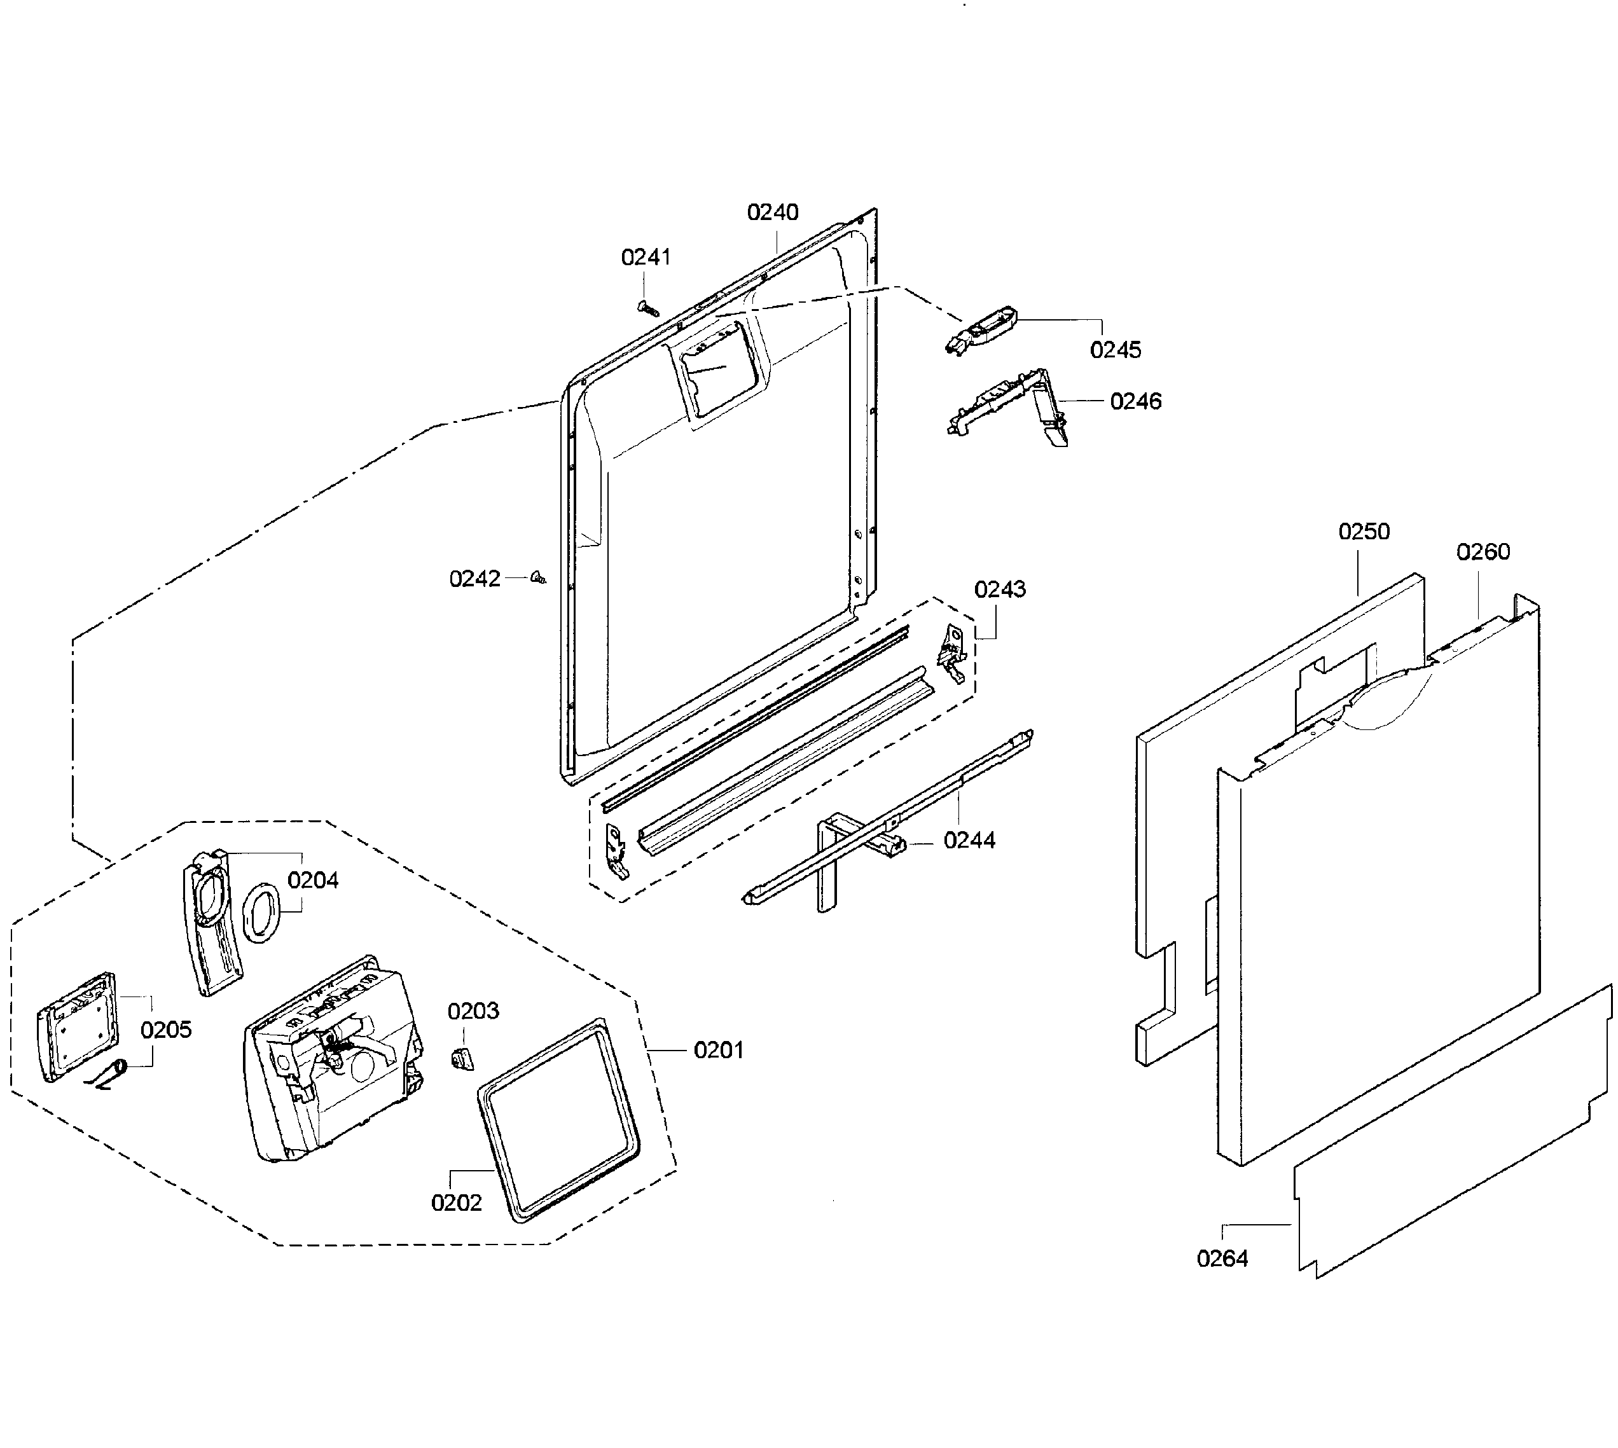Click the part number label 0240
tap(772, 212)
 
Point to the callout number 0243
tap(1000, 590)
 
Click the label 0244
tap(969, 840)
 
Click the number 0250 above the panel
tap(1364, 532)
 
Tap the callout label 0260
tap(1483, 552)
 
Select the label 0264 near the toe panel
tap(1222, 1258)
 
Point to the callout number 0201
tap(719, 1050)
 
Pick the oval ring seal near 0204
tap(260, 913)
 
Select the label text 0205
tap(167, 1030)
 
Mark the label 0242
tap(475, 579)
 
